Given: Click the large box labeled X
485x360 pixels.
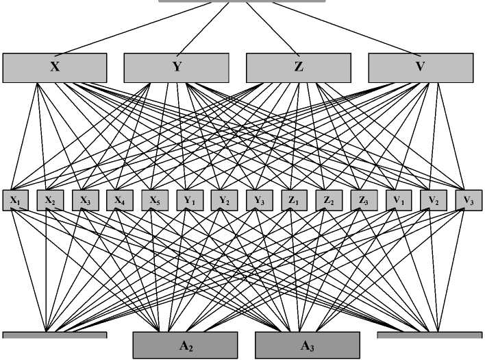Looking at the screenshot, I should (55, 67).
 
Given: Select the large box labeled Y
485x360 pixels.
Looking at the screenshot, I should (176, 67).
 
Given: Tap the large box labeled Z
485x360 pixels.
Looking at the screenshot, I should (298, 67).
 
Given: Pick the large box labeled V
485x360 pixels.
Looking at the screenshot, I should (421, 67).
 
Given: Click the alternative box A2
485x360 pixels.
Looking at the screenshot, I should (185, 346).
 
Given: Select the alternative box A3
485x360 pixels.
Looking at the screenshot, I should (308, 346).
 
